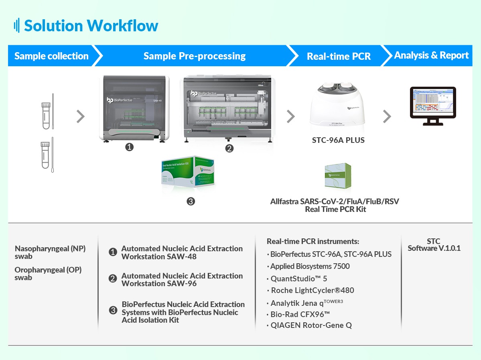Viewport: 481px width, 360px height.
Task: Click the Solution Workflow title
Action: [91, 26]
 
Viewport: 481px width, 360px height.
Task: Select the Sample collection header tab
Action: [51, 56]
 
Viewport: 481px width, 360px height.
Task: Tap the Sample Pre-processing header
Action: [195, 56]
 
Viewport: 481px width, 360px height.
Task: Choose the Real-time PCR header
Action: [339, 56]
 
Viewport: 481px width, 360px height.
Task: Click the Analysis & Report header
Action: [431, 55]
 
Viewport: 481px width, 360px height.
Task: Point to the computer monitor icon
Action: [433, 106]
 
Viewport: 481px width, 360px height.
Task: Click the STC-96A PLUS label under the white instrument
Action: [338, 140]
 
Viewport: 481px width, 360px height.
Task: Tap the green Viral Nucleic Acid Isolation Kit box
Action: [188, 170]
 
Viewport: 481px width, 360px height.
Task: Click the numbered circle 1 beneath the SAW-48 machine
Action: [129, 147]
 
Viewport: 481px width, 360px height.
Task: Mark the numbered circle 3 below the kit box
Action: [191, 201]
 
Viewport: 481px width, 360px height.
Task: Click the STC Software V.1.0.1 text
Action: [434, 245]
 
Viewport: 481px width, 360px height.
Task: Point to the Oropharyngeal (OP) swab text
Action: [48, 273]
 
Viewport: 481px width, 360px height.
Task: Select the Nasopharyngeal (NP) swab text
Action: [50, 252]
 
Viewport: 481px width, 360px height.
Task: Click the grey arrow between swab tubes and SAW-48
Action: [81, 116]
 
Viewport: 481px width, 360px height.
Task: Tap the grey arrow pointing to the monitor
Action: [387, 116]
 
